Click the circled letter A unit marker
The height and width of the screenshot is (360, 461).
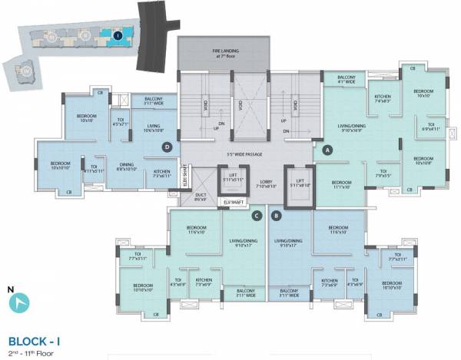tap(327, 150)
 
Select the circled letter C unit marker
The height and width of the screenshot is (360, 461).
tap(257, 216)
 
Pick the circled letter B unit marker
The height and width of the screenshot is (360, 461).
tap(276, 216)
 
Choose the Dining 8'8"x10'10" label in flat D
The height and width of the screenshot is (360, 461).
tap(126, 166)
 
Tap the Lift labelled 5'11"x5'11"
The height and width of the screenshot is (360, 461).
tap(231, 179)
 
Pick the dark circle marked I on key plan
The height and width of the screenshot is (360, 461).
tap(116, 35)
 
